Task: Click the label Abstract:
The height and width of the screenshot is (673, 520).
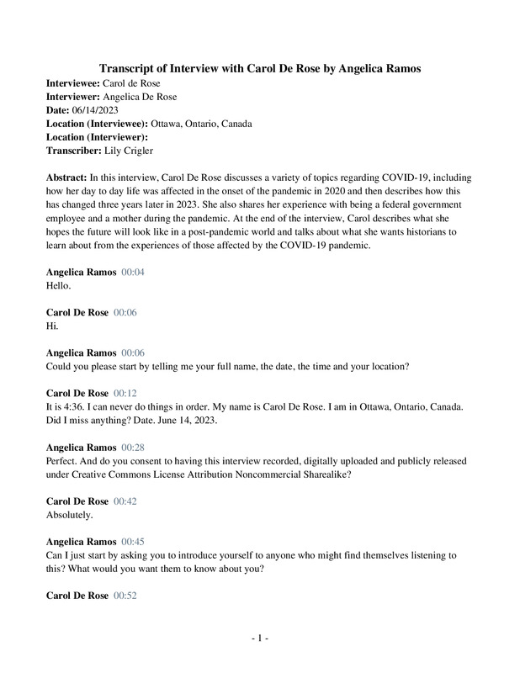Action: pos(66,178)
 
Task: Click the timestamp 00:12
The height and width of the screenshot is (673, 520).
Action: pos(125,393)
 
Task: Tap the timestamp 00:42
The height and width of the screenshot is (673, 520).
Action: pos(125,501)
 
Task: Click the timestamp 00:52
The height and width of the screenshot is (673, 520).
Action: pos(125,596)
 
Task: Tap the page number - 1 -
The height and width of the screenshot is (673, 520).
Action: pos(260,639)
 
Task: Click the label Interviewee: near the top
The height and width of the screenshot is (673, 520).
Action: pos(72,83)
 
